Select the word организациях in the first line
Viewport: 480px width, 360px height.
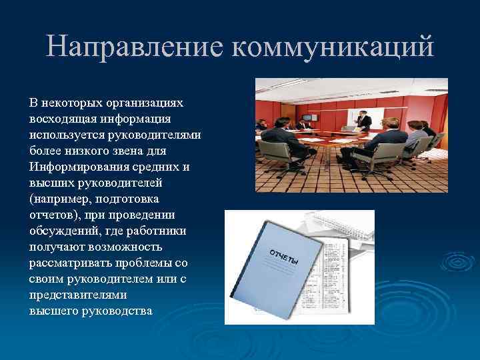(139, 103)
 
